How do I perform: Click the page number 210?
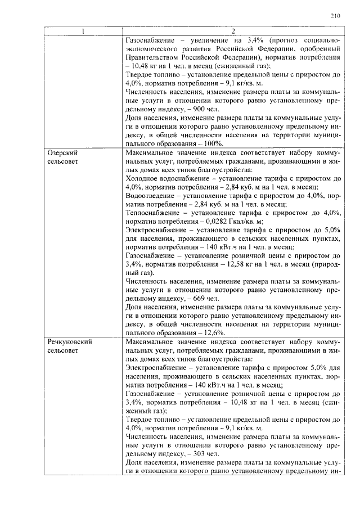pyautogui.click(x=336, y=16)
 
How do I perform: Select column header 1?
pyautogui.click(x=83, y=31)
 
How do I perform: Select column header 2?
pyautogui.click(x=232, y=31)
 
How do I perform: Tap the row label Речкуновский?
pyautogui.click(x=69, y=341)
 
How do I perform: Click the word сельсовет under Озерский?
pyautogui.click(x=64, y=161)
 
